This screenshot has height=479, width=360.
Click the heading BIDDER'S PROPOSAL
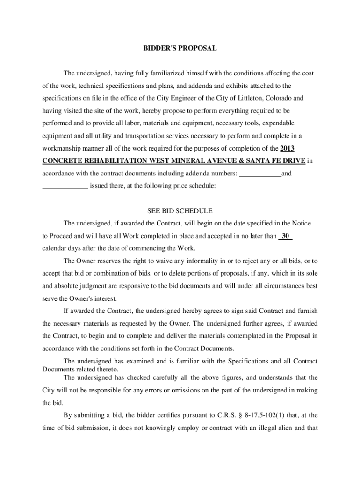(x=180, y=48)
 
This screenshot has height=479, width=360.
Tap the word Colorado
(x=280, y=98)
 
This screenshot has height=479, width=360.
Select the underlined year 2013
(x=287, y=149)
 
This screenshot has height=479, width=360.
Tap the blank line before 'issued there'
(x=65, y=187)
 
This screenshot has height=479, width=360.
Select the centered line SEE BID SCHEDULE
(x=180, y=210)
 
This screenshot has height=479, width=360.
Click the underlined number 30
(x=285, y=236)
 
